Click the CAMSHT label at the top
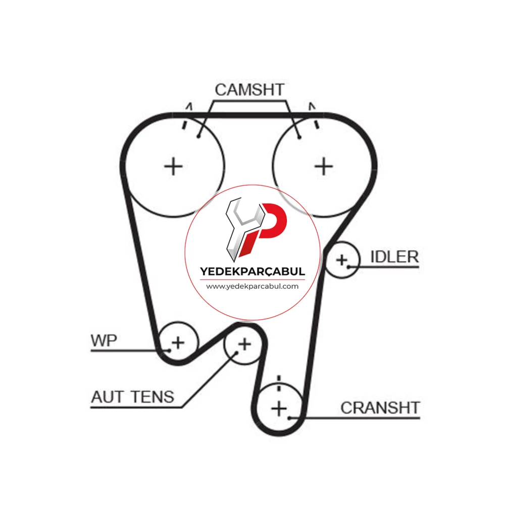click(x=249, y=90)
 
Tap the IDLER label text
click(x=394, y=257)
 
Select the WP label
click(x=104, y=340)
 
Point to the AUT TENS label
click(x=133, y=397)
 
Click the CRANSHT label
click(x=380, y=408)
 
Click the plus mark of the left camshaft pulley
click(x=173, y=167)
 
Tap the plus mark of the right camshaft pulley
click(x=324, y=167)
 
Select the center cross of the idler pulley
click(x=342, y=260)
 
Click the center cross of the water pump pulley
click(x=178, y=343)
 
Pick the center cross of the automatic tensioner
click(x=245, y=344)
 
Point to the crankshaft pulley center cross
click(x=279, y=409)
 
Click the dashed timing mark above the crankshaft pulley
click(x=279, y=383)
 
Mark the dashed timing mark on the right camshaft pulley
click(x=314, y=116)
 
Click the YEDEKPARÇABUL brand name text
click(x=252, y=272)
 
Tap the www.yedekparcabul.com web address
click(x=252, y=286)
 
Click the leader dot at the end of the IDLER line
click(x=348, y=267)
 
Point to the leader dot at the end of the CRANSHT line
click(x=289, y=418)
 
